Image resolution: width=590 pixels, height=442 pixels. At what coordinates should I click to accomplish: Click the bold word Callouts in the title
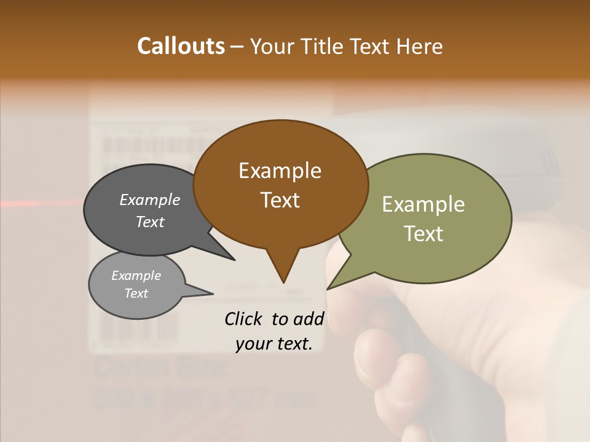point(181,46)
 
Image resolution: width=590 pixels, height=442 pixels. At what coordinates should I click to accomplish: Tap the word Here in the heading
point(420,46)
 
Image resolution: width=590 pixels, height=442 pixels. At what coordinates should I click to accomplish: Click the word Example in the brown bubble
point(280,171)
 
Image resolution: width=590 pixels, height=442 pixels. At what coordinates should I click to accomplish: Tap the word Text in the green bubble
point(423,234)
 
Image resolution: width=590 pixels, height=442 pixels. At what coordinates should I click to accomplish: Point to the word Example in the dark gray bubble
point(149,200)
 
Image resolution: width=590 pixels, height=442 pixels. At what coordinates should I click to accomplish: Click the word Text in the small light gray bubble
point(136,293)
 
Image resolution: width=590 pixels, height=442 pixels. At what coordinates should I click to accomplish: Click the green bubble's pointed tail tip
point(328,288)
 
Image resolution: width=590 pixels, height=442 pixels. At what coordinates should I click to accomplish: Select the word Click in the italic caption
point(245,319)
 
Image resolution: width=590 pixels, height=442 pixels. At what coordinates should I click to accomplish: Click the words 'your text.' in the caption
point(274,344)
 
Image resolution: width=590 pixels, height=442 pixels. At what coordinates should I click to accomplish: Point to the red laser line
point(37,203)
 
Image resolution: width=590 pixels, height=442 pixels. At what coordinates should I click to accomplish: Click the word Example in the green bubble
point(423,204)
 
